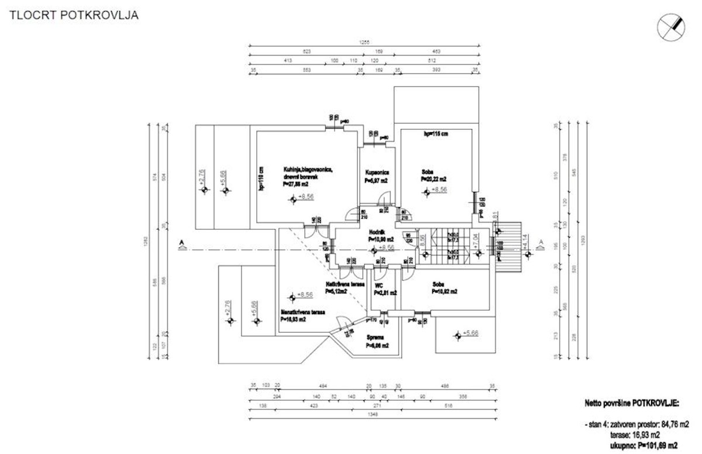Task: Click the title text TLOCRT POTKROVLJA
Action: [x=73, y=16]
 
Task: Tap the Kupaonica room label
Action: [x=377, y=173]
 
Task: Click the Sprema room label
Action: [x=375, y=338]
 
